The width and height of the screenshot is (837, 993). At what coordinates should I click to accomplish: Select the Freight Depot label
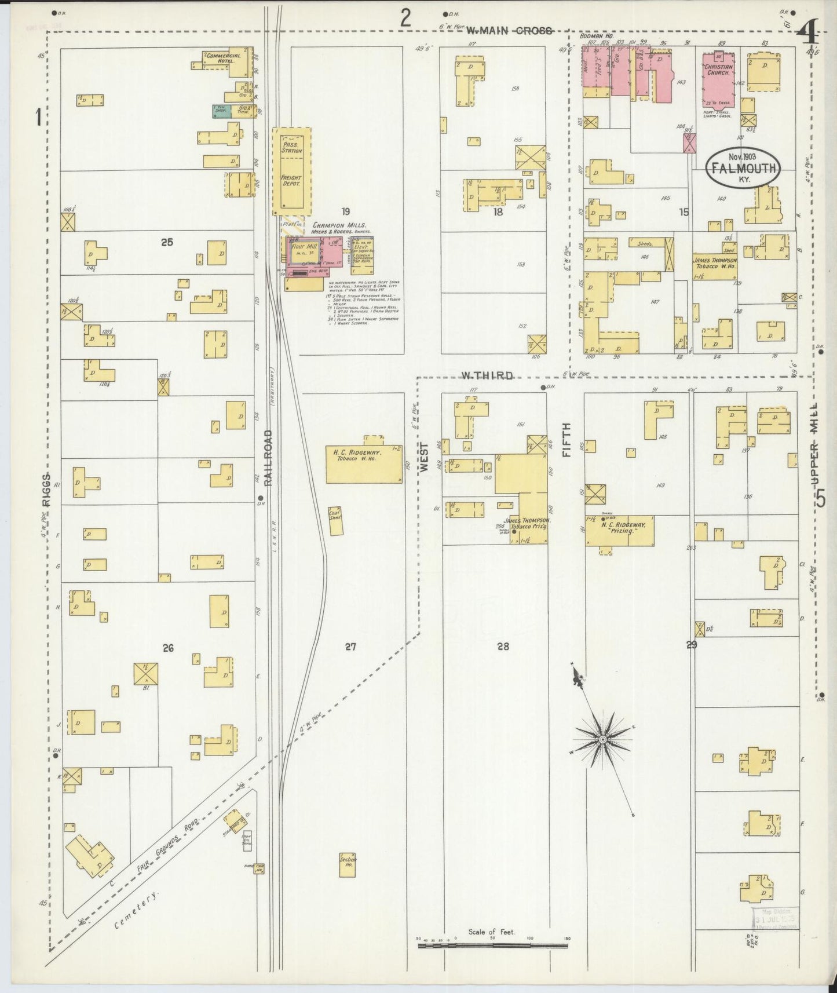coord(291,180)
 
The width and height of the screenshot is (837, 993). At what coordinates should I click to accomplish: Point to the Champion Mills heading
coord(339,225)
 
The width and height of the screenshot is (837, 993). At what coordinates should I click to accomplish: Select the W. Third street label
coord(487,375)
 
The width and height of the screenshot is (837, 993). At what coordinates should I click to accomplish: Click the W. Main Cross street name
coord(509,31)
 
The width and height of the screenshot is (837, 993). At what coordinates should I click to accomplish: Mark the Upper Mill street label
coord(816,443)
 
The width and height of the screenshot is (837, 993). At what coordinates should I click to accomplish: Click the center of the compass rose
coord(603,740)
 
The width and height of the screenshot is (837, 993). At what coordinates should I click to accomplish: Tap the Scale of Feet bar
coord(492,946)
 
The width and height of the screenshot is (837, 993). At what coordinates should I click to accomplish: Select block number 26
coord(167,648)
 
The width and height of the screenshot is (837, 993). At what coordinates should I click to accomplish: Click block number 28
coord(502,646)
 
